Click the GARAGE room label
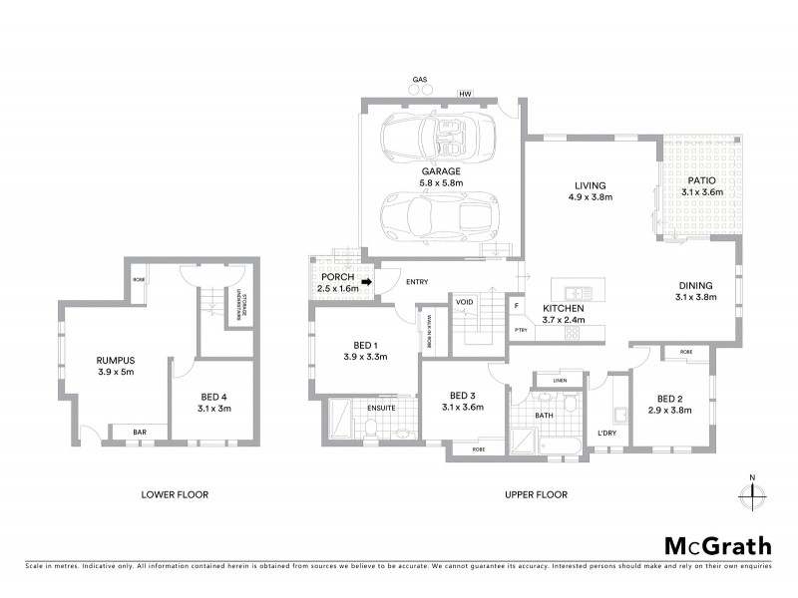coord(440,170)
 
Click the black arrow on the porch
coord(366,282)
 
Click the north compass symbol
coord(751,492)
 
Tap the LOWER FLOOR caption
coord(175,493)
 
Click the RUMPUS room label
coord(116,359)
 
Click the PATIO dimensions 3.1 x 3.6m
coord(702,192)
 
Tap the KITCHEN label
coord(564,309)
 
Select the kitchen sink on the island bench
coord(577,291)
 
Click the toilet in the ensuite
coord(368,427)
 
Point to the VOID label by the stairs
coord(464,301)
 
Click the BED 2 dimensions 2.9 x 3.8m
coord(670,409)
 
